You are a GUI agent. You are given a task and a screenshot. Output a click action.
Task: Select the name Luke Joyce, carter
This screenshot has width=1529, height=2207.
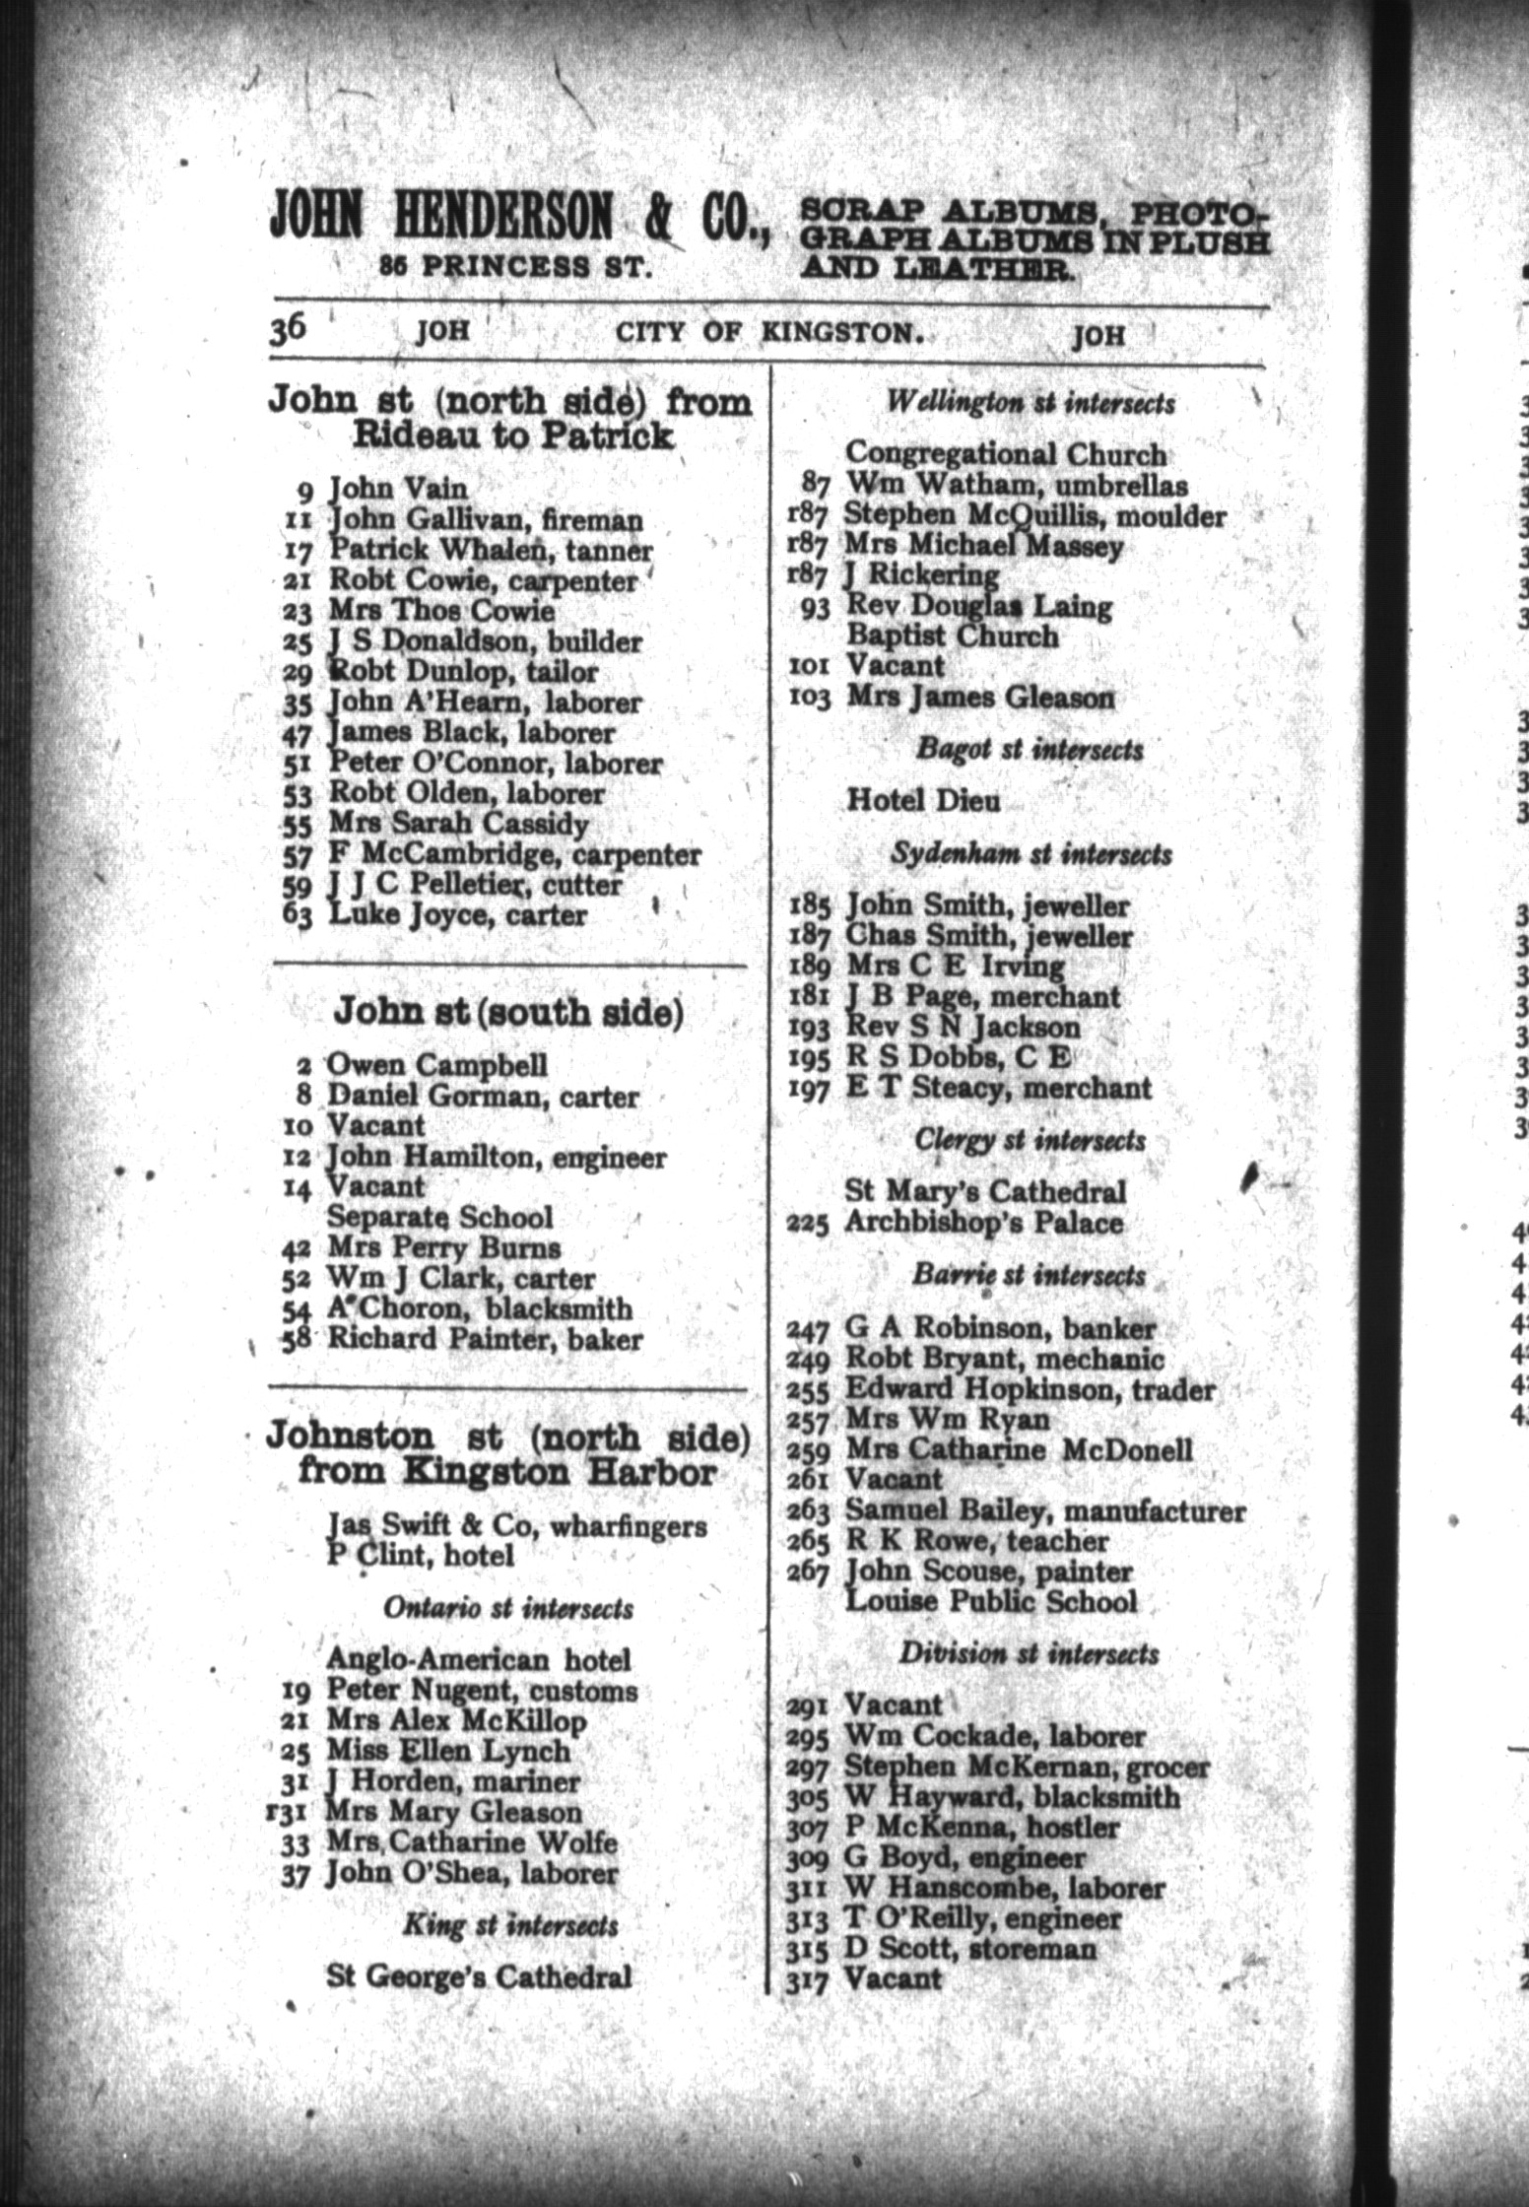coord(457,915)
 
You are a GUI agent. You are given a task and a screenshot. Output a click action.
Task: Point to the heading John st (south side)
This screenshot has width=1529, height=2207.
coord(508,1012)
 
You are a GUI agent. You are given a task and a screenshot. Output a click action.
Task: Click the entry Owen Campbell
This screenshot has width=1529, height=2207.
coord(437,1065)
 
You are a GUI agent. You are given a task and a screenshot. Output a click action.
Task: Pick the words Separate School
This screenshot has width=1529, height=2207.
coord(439,1217)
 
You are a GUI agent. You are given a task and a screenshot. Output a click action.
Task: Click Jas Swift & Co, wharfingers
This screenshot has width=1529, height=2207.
coord(517,1526)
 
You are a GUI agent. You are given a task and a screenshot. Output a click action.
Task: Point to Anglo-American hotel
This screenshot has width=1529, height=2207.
coord(479,1660)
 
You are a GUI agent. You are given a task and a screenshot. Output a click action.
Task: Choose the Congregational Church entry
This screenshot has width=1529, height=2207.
coord(1006,454)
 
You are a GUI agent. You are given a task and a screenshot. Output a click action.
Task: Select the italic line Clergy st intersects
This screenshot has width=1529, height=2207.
coord(1030,1140)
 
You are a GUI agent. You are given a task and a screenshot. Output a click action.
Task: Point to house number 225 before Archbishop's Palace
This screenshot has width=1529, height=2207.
coord(810,1224)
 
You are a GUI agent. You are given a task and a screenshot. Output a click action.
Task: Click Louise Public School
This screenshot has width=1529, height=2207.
coord(991,1602)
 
